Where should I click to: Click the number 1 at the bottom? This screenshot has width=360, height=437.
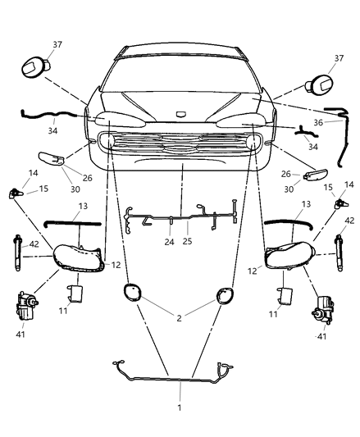point(180,407)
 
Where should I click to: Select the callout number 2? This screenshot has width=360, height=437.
point(180,316)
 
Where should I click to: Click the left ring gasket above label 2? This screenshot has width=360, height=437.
point(132,294)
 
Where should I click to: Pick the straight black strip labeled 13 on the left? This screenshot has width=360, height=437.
point(72,222)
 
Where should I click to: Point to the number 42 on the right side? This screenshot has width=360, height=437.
point(349,221)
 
